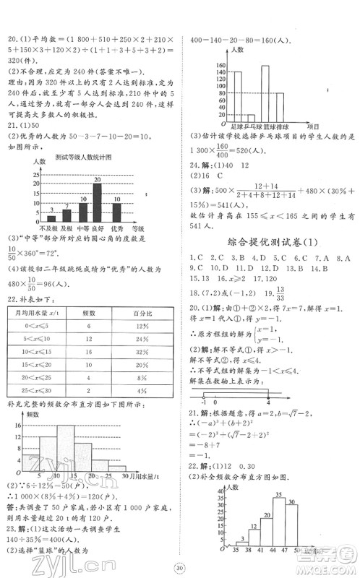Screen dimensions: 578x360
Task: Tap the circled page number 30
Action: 180,566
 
